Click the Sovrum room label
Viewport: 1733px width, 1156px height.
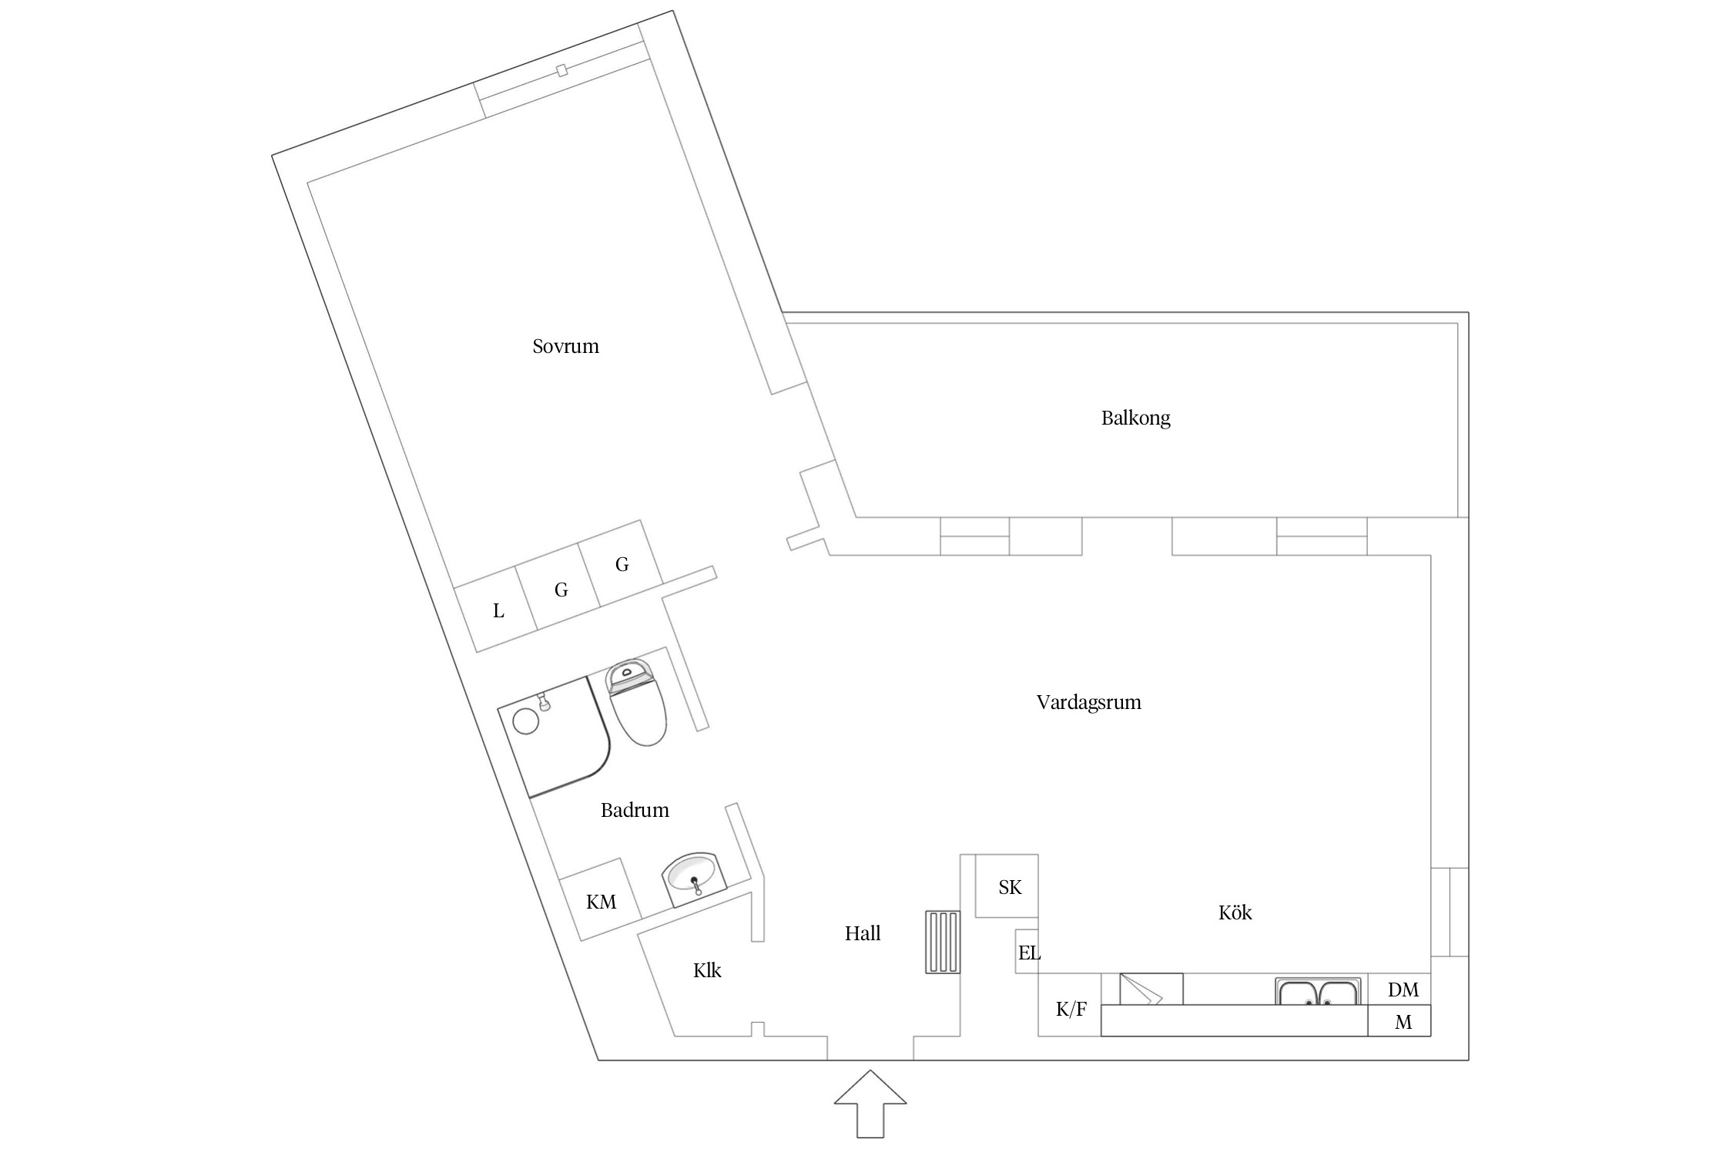(x=565, y=346)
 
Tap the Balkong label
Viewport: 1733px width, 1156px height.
(x=1135, y=418)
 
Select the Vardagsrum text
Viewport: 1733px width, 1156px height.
(x=1088, y=703)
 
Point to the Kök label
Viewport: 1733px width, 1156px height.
(x=1235, y=912)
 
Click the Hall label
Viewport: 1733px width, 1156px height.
(x=862, y=933)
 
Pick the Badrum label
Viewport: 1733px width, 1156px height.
(x=635, y=810)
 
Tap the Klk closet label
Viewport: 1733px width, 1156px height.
(x=707, y=970)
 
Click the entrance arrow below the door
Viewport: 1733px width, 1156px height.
(x=870, y=1103)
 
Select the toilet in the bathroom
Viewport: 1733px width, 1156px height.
(x=636, y=703)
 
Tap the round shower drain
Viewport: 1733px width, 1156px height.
(x=527, y=721)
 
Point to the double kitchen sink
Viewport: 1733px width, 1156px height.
(x=1317, y=991)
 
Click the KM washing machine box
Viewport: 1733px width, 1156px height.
(x=600, y=899)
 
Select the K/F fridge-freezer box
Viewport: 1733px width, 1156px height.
(x=1070, y=1005)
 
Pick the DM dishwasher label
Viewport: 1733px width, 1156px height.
(x=1403, y=990)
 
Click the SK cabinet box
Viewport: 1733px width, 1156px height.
(x=1007, y=885)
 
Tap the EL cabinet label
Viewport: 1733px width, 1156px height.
(x=1029, y=953)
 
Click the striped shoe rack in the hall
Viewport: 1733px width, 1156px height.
(x=943, y=942)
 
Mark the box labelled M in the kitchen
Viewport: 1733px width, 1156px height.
(x=1399, y=1020)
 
